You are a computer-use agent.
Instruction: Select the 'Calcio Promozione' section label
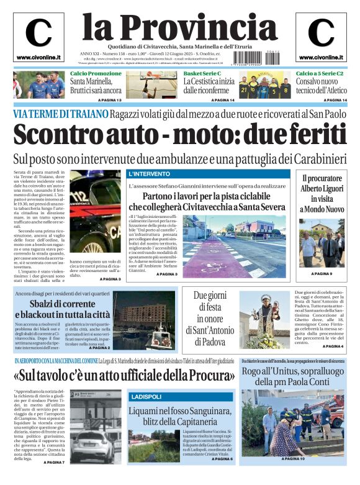(x=96, y=74)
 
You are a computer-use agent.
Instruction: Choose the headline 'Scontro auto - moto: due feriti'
(x=180, y=135)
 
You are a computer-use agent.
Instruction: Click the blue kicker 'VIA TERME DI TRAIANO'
(x=60, y=114)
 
